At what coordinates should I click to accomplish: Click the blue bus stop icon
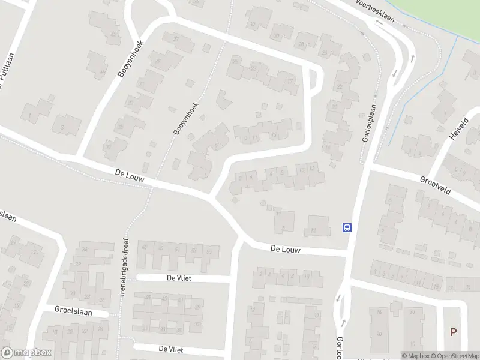[x=346, y=227]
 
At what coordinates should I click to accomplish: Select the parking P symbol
[x=453, y=332]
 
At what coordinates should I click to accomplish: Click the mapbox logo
[x=26, y=353]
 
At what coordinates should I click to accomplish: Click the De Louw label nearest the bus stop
[x=284, y=248]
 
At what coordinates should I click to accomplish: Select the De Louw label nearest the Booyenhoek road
[x=130, y=175]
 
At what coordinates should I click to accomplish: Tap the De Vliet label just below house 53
[x=179, y=278]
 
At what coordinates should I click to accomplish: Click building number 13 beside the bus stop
[x=313, y=231]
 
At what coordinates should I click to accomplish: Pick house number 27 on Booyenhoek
[x=176, y=39]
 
